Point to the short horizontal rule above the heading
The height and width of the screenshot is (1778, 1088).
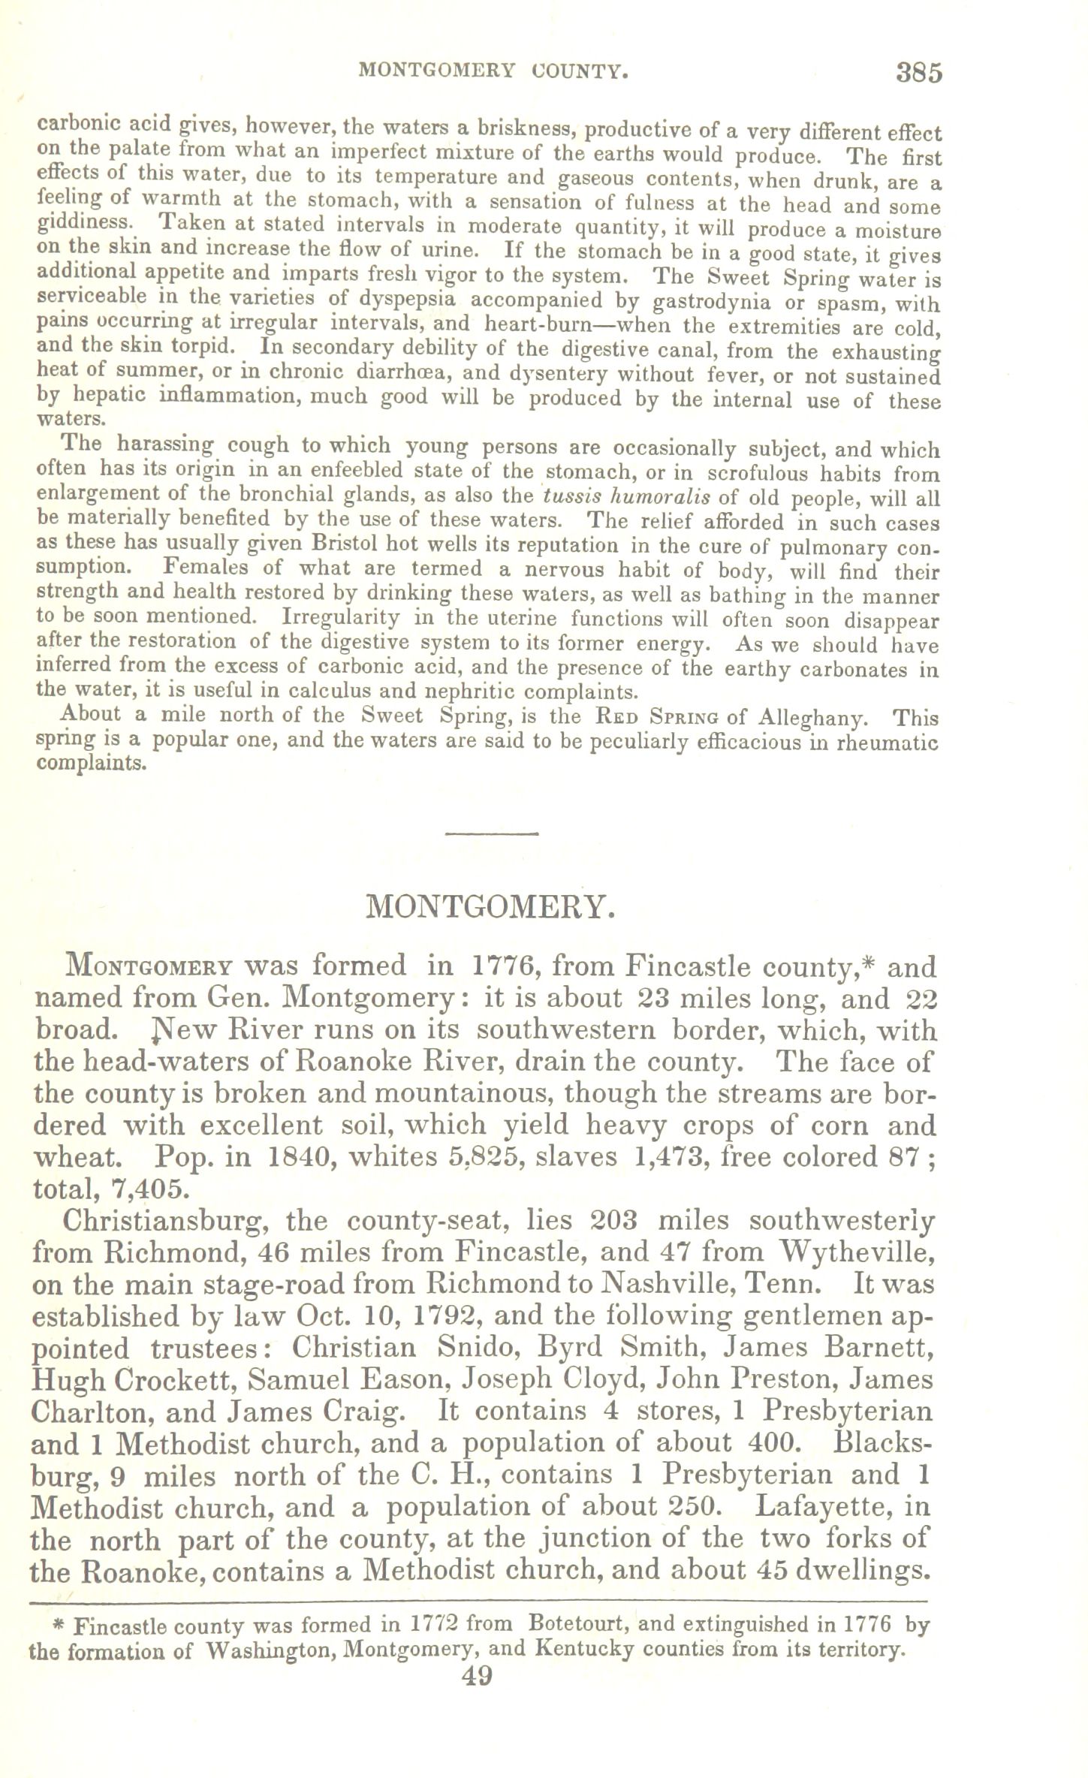(493, 833)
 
